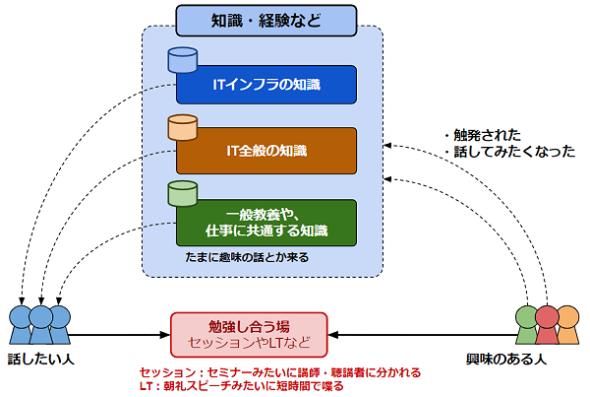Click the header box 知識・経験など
pos(266,21)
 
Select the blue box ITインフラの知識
pos(266,85)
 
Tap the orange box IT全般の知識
pos(266,151)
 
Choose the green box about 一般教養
pos(266,223)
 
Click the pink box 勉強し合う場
pos(249,335)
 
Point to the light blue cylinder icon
pos(183,60)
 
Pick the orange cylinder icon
pos(183,127)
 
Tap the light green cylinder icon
pos(183,194)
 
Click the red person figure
pos(547,325)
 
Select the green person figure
pos(526,325)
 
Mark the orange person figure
pos(569,325)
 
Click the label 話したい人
pos(41,359)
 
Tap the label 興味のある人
pos(506,359)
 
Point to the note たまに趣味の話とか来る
pos(247,257)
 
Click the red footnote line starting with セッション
pos(280,372)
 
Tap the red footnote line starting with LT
pos(242,386)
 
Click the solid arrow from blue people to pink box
pos(120,335)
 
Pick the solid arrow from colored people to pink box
pos(422,335)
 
